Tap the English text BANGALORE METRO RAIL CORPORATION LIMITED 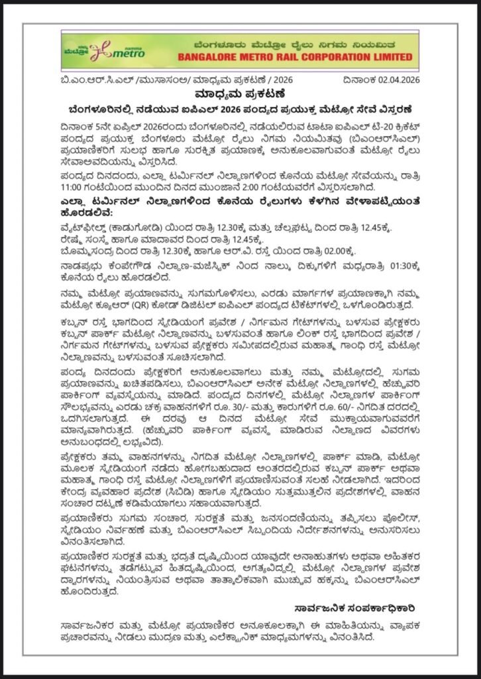point(284,58)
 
